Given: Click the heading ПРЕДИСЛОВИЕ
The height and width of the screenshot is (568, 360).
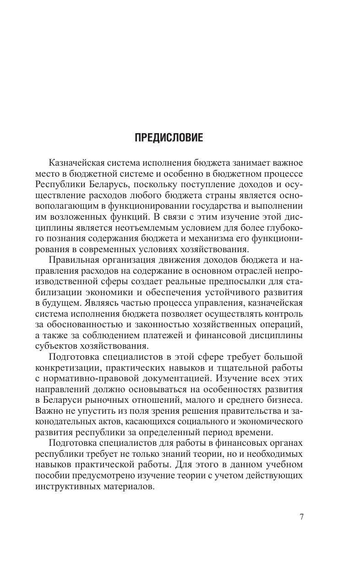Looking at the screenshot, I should coord(169,138).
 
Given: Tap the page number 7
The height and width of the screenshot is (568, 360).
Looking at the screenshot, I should coord(301,518).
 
